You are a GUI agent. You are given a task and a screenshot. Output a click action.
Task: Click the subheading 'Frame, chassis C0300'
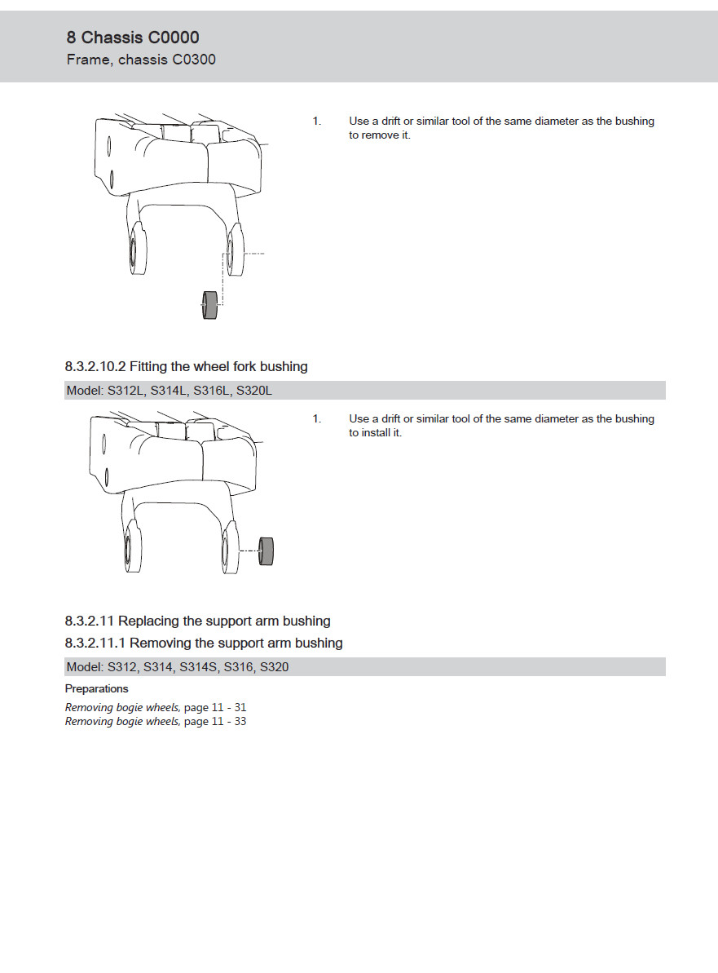(141, 60)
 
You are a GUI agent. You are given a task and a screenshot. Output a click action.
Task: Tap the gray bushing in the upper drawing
(209, 305)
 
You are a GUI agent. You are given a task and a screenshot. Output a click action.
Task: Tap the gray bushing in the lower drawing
(265, 551)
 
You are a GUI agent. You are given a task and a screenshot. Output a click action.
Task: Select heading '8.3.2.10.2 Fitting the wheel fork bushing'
(186, 367)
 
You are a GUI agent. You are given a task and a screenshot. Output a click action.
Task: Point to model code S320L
(253, 391)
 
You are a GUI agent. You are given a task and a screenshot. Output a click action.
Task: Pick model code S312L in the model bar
(126, 391)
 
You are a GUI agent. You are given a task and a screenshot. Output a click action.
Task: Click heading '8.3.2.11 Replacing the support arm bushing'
(197, 621)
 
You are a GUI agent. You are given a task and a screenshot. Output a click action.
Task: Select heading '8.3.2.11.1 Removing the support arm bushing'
(204, 644)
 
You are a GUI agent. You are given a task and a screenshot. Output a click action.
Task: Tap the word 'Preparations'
(96, 689)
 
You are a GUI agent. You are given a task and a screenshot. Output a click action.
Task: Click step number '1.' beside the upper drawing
(316, 122)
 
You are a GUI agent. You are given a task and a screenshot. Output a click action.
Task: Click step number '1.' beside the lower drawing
(316, 419)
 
